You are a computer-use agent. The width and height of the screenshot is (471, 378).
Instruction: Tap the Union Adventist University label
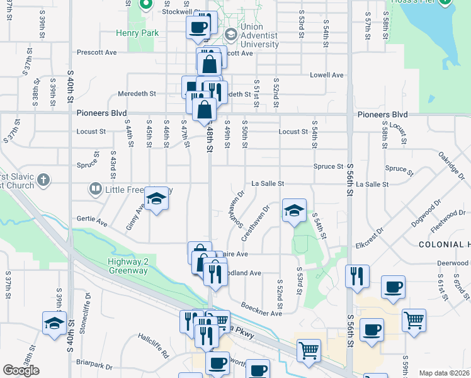click(x=260, y=36)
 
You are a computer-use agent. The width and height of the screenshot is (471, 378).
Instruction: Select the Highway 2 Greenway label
click(x=127, y=266)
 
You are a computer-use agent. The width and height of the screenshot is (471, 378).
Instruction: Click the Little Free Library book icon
click(x=95, y=188)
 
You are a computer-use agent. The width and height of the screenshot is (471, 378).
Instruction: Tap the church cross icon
click(x=43, y=180)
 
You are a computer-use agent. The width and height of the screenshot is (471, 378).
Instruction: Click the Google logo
click(x=21, y=370)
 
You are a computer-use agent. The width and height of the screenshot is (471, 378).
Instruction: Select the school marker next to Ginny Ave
click(x=156, y=199)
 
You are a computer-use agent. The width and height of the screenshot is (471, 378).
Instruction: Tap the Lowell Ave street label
click(x=326, y=75)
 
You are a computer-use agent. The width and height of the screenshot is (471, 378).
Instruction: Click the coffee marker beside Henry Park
click(x=198, y=28)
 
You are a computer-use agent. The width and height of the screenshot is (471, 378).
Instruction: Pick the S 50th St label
click(x=244, y=132)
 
